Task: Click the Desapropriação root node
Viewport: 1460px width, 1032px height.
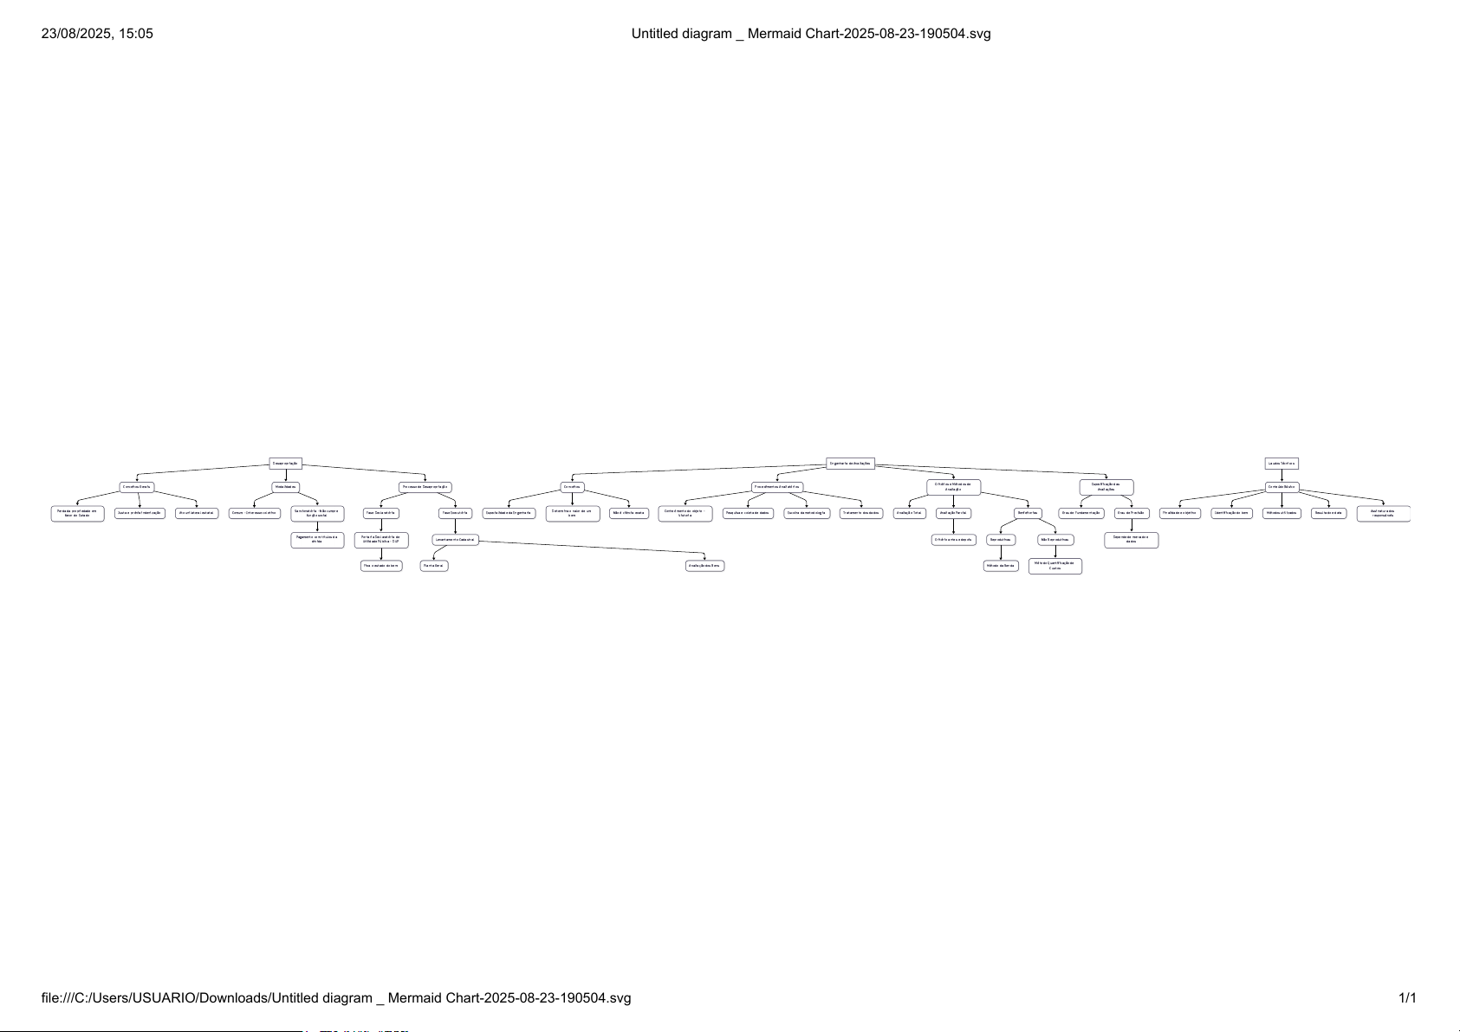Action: [285, 464]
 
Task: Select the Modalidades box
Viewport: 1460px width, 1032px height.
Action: [286, 487]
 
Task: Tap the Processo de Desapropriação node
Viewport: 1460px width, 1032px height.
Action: [425, 487]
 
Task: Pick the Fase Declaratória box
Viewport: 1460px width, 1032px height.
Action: [381, 513]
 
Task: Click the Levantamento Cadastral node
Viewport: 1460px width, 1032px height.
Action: [455, 540]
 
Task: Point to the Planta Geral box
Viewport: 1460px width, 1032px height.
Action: [434, 566]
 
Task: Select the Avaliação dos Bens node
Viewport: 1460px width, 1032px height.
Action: [704, 566]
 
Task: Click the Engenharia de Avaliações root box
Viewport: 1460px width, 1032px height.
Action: [850, 464]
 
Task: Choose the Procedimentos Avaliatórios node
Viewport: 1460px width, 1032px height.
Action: [777, 487]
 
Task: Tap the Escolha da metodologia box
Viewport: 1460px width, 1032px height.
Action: [807, 513]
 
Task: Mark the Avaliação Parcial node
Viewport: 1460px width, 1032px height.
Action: [953, 513]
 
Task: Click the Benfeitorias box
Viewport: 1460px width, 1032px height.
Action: [1028, 513]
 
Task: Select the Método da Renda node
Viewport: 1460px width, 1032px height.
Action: [1001, 566]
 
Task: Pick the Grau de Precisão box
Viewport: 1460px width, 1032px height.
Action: [1132, 513]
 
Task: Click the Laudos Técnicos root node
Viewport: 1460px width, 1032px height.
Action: [1282, 464]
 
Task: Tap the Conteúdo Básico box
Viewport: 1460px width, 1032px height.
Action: [1282, 487]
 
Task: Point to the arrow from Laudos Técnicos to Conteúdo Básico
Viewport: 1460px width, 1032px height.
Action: [1282, 476]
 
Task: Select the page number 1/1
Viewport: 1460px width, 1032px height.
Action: [1407, 998]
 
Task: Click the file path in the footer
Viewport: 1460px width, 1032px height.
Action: [336, 998]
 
